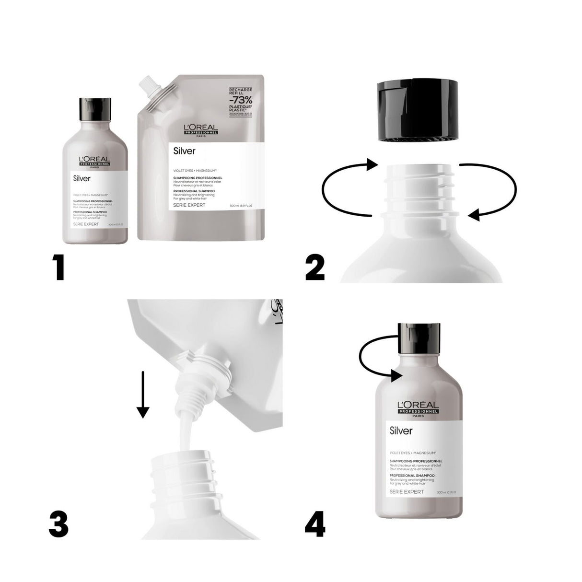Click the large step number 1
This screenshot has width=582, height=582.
[x=59, y=267]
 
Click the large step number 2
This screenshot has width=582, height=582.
[x=315, y=267]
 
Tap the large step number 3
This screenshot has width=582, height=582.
[x=58, y=524]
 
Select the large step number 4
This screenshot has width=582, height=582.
[x=315, y=524]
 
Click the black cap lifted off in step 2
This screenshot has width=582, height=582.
[x=417, y=111]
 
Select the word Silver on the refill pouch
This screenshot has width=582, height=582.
[x=184, y=151]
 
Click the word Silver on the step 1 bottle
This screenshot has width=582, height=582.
[x=81, y=178]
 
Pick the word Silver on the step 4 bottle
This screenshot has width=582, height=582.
[x=401, y=431]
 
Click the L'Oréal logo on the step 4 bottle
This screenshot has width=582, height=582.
[x=418, y=407]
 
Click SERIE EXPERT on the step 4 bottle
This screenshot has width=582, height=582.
[x=407, y=491]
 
